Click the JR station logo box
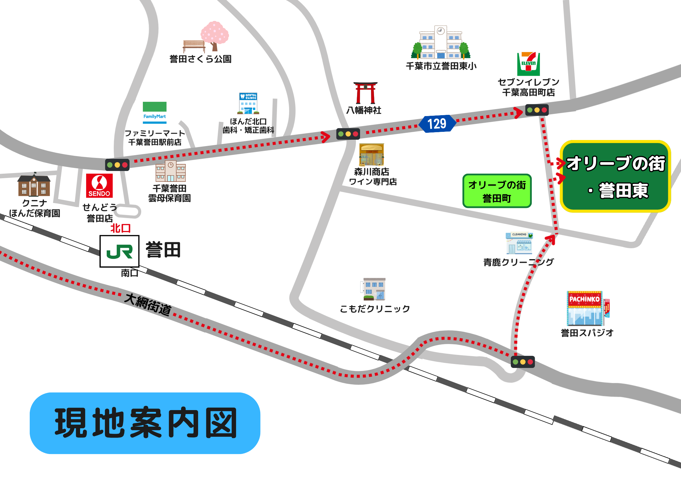(x=120, y=251)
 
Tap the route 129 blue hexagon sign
(x=437, y=124)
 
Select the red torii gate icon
(x=365, y=93)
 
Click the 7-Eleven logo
(x=528, y=64)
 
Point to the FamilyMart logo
(x=155, y=112)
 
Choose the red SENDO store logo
(x=99, y=185)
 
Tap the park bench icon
(x=194, y=46)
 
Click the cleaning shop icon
(x=519, y=243)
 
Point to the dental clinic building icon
(x=248, y=103)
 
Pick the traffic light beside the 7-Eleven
(x=537, y=110)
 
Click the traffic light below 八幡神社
(x=348, y=134)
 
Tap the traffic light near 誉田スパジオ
(x=523, y=362)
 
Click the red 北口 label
(x=120, y=228)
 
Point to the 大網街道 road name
(x=148, y=304)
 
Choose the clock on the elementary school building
(x=441, y=31)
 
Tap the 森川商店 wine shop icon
(x=372, y=155)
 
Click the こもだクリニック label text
(x=375, y=309)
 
